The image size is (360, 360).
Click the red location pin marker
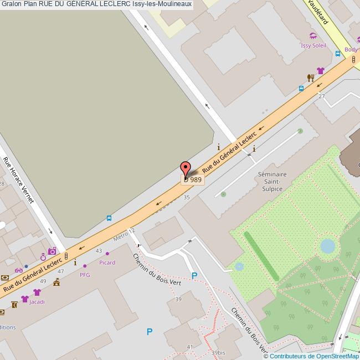[x=186, y=168]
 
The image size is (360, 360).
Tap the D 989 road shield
[x=193, y=179]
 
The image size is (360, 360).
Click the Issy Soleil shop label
[x=313, y=45]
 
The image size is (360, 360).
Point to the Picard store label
[x=107, y=263]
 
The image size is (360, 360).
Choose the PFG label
[x=85, y=274]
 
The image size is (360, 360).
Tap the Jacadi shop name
[x=37, y=302]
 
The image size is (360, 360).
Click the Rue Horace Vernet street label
[x=18, y=181]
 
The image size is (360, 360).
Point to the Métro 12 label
[x=124, y=235]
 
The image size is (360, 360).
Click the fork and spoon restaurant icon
[x=311, y=78]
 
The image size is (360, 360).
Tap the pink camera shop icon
[x=52, y=251]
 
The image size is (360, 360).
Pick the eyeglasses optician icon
[x=19, y=270]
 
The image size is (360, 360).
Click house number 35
[x=187, y=197]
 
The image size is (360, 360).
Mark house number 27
[x=321, y=96]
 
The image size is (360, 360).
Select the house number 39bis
[x=218, y=352]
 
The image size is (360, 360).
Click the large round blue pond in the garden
[x=327, y=246]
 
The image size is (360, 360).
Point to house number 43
[x=99, y=251]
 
